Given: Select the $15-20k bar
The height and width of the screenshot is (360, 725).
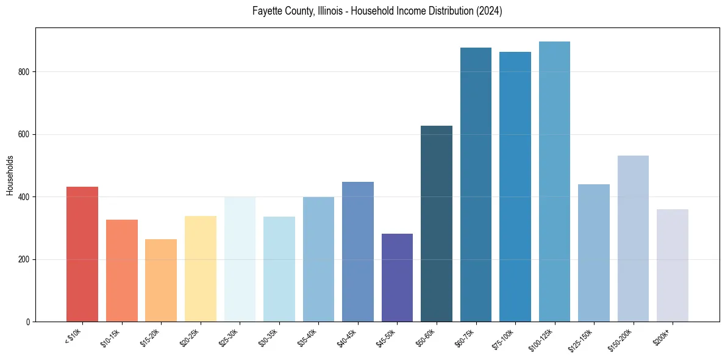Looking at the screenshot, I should tap(161, 280).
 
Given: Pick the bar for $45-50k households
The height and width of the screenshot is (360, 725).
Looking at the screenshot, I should tap(397, 278).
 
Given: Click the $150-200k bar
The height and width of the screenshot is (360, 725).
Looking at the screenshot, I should tap(633, 239).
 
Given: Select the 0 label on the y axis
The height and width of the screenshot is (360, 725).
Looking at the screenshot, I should tap(29, 322).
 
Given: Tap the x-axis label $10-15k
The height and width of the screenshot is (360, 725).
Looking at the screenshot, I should tap(110, 337).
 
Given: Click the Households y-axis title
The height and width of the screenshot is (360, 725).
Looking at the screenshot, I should tap(10, 175).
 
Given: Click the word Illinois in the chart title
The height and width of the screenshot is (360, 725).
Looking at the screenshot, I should tap(331, 12).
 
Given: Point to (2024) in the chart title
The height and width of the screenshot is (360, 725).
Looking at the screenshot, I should tap(490, 12).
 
